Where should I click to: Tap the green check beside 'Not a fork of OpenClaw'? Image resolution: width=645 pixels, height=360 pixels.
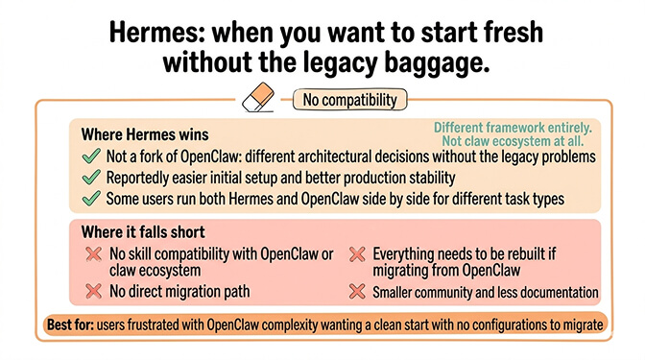pos(91,156)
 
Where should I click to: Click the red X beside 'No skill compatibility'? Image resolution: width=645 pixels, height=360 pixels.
pos(92,254)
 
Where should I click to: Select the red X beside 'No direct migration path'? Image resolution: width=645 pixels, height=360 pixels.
pos(92,290)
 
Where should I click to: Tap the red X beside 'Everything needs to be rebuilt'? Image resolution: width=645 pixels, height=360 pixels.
pos(356,254)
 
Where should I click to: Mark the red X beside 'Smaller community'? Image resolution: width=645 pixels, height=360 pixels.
pos(356,291)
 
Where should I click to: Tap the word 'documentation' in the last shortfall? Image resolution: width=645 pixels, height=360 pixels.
pos(557,291)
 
